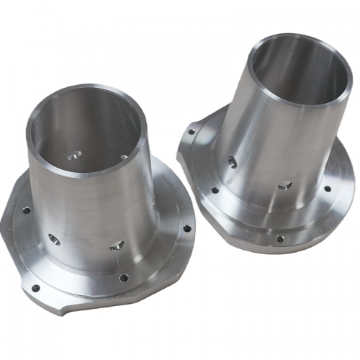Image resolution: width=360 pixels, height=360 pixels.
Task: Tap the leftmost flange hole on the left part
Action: pyautogui.click(x=27, y=210)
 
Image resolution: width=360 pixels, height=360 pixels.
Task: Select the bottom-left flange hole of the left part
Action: pyautogui.click(x=35, y=288)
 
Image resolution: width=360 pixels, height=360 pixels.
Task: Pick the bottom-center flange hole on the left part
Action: pyautogui.click(x=124, y=277)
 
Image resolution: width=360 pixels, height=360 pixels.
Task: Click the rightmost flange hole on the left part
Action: pyautogui.click(x=186, y=228)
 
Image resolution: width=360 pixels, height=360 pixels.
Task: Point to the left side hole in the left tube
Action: pyautogui.click(x=54, y=238)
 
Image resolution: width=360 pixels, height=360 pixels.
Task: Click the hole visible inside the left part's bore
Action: pyautogui.click(x=74, y=155)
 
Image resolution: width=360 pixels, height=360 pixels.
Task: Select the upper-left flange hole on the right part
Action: pyautogui.click(x=191, y=132)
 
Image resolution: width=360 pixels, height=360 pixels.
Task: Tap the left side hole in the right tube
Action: pyautogui.click(x=232, y=161)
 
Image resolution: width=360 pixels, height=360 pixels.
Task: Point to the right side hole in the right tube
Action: pyautogui.click(x=284, y=186)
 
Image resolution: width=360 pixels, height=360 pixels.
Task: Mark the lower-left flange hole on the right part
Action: pyautogui.click(x=215, y=191)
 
